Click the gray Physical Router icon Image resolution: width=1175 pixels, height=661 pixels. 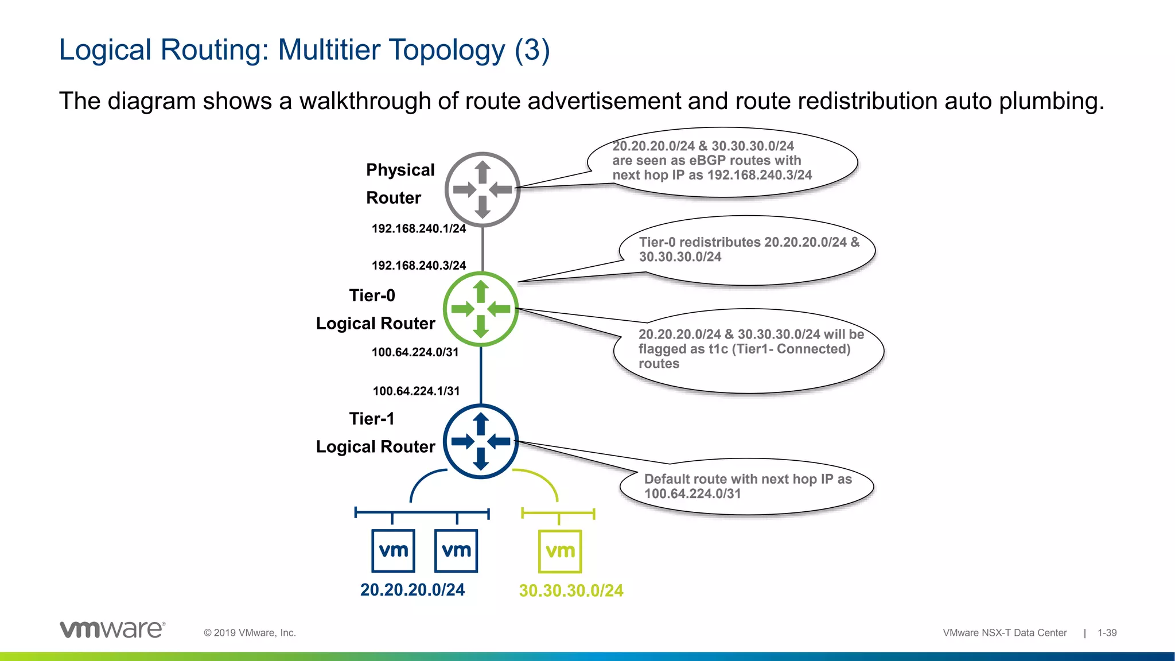point(483,189)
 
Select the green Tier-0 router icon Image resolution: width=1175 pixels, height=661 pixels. point(481,309)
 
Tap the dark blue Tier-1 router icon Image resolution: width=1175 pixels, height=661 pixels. point(481,441)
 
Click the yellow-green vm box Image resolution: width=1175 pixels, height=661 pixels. point(560,551)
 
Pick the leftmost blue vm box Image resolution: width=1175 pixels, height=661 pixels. point(394,551)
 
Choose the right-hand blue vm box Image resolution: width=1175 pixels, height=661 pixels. point(456,551)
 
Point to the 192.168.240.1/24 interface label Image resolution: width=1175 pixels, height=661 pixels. point(419,229)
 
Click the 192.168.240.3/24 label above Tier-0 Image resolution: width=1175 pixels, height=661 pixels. point(419,266)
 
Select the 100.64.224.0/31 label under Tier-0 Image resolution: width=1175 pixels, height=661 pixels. point(415,352)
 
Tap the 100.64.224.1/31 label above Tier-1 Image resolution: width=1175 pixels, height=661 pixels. point(417,391)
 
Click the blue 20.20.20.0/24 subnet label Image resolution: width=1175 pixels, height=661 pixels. point(413,590)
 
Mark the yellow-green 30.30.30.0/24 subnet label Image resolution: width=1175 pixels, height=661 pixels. point(571,591)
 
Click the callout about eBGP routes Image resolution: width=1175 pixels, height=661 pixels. point(722,162)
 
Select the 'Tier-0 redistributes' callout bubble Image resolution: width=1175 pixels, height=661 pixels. point(748,250)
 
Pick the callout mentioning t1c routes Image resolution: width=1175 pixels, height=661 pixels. point(749,350)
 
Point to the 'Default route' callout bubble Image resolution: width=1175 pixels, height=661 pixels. point(747,487)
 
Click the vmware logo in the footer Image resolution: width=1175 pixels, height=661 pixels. point(112,629)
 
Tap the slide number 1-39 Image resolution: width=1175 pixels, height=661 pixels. point(1107,633)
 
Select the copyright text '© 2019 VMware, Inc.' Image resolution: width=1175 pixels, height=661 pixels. point(250,633)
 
